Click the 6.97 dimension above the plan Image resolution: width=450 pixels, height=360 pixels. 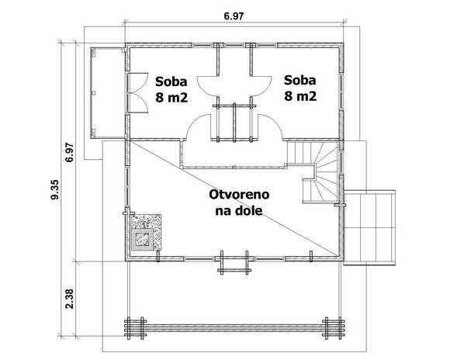(234, 16)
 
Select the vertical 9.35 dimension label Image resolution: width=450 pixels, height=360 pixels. (54, 189)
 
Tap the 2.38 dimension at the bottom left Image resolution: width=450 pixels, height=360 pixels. (69, 299)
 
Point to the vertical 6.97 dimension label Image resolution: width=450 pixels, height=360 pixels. (69, 152)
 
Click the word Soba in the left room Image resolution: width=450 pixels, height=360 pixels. (171, 81)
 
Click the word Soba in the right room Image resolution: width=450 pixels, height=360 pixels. (300, 80)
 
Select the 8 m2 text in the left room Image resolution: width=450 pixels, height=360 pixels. (171, 98)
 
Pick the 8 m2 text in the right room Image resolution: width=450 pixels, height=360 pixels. (300, 96)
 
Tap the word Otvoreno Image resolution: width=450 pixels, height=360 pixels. (239, 195)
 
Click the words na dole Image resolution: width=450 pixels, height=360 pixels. (239, 211)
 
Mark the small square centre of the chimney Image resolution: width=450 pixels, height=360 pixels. (142, 239)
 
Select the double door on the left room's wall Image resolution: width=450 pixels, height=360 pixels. (137, 93)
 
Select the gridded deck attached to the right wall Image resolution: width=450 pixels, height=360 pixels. (369, 227)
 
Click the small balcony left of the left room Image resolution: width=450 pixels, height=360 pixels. (108, 93)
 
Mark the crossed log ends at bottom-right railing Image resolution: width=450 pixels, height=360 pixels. (333, 328)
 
